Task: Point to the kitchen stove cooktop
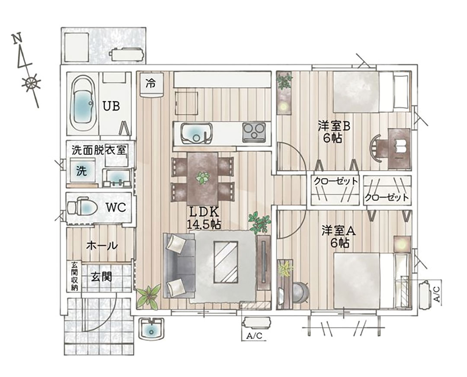coord(254,132)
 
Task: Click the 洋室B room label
coord(333,131)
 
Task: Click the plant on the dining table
coord(203,178)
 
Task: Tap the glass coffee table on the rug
coord(226,262)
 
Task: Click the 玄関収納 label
coord(74,276)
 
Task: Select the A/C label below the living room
coord(254,336)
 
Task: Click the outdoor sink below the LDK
coord(152,328)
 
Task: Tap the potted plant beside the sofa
coord(149,296)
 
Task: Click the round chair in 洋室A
coord(300,292)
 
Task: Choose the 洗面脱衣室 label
coord(99,150)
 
